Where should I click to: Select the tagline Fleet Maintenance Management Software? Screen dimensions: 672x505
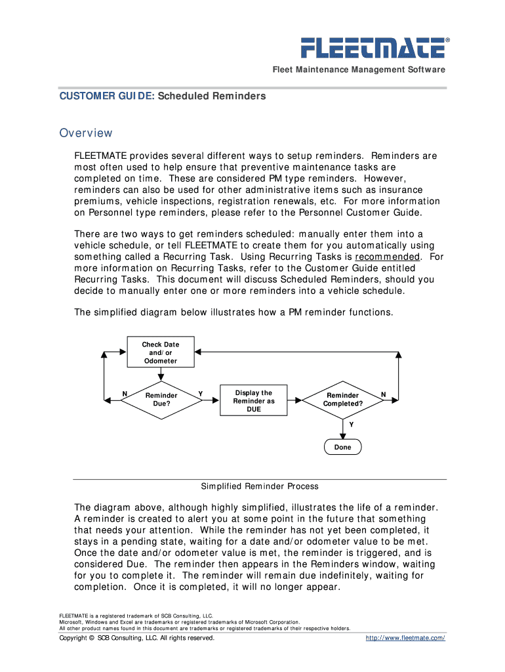coord(359,70)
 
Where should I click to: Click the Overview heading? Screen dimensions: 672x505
coord(86,133)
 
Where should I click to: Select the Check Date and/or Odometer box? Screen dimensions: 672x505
coord(161,352)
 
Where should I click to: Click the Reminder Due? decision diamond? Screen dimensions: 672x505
coord(161,399)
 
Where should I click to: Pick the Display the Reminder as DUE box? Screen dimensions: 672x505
coord(254,400)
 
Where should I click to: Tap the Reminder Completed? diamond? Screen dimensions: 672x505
coord(342,399)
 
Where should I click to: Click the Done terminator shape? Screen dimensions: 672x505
coord(342,447)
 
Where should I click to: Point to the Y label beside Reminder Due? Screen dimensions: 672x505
coord(200,394)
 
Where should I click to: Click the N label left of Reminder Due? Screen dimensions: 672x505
coord(124,394)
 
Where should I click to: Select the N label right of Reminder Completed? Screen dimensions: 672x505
coord(384,394)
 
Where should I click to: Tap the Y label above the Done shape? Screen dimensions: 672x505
coord(351,425)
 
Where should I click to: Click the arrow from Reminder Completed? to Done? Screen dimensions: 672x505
coord(342,429)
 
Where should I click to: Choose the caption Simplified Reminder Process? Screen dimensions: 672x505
coord(259,486)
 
